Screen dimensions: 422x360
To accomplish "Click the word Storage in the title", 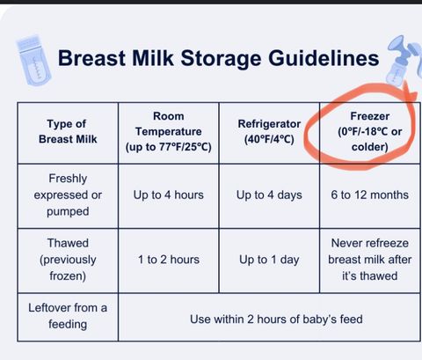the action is pos(221,58).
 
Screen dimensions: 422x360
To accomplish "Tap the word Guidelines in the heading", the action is pos(324,57).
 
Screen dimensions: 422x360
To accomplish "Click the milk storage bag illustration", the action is pos(33,61).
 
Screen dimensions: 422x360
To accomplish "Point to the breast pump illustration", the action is pos(404,60).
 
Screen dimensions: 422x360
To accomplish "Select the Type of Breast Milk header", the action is pos(68,131).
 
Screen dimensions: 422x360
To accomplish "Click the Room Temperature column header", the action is pos(169,131).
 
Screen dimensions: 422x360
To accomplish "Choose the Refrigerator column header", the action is pos(269,131).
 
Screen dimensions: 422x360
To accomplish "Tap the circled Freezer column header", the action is pos(370,131).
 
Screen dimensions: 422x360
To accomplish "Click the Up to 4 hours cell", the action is pos(169,195).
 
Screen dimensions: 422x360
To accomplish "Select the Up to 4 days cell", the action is pos(269,195).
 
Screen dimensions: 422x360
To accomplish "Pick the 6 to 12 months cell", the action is pos(370,195).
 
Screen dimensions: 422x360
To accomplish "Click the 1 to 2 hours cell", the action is pos(169,260).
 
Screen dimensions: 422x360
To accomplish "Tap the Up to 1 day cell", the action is pos(269,260).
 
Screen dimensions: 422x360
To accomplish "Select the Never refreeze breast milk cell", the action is pos(370,260).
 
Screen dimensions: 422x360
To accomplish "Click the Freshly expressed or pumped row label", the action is pos(68,195).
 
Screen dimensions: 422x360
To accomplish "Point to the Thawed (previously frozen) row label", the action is pos(68,260).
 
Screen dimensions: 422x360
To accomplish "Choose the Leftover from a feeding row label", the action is pos(68,316).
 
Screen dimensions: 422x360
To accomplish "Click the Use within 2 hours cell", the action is pos(276,320).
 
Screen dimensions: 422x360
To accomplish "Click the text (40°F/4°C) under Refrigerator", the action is pos(269,139).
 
